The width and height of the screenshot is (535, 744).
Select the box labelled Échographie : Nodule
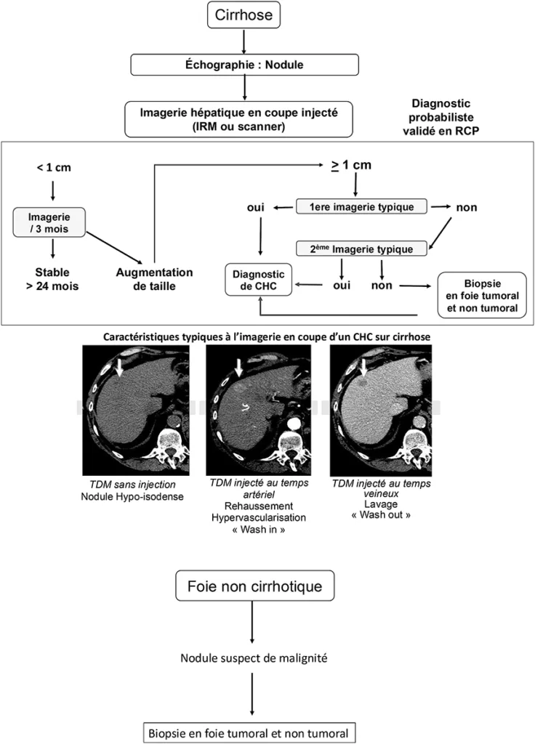[244, 65]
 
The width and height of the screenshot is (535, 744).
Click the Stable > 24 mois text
[52, 279]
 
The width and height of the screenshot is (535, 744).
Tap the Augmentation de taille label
[154, 279]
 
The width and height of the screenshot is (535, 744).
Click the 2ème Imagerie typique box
[361, 249]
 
